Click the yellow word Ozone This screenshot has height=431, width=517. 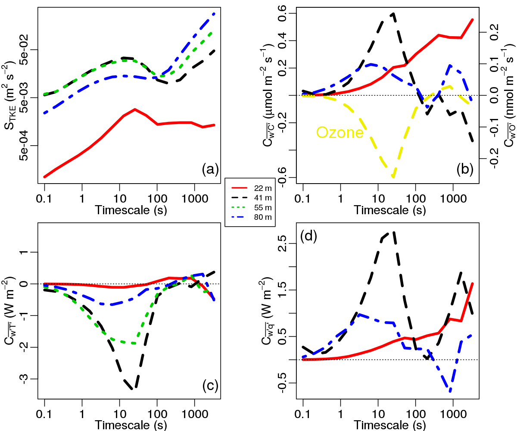point(340,132)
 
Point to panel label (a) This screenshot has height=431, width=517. point(211,170)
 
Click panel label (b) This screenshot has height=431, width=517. point(465,170)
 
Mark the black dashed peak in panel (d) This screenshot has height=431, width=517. point(393,232)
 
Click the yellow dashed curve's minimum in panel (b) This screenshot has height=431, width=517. point(393,176)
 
